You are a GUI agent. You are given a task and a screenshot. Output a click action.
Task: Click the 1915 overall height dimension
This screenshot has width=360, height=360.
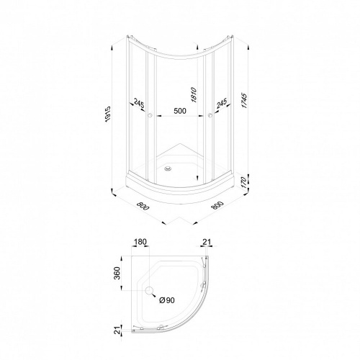point(108,114)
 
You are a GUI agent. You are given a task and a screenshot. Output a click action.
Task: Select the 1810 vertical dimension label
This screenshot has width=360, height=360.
point(194,95)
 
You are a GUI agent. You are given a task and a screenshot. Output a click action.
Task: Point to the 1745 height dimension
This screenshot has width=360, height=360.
point(244,101)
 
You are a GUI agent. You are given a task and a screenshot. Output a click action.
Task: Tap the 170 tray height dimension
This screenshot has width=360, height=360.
point(243,182)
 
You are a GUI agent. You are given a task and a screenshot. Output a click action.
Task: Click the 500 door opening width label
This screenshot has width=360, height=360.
point(180,111)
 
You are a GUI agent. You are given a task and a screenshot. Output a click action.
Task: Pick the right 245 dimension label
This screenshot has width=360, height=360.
point(222,103)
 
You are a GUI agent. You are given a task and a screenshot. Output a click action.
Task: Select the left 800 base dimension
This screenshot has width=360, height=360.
point(143,206)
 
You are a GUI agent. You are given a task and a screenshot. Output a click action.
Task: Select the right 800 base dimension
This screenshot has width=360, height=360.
point(217,205)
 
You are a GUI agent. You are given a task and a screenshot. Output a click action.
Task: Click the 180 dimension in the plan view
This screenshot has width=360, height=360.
point(140,242)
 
